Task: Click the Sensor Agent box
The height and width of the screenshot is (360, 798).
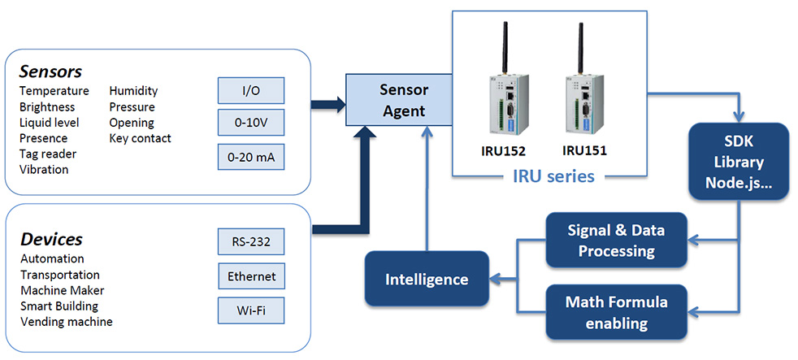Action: pos(399,100)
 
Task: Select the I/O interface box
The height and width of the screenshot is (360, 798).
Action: pos(251,90)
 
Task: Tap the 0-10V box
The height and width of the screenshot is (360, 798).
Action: pos(251,122)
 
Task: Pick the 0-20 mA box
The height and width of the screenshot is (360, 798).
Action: pos(251,156)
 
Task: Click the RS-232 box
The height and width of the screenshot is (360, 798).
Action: pos(251,242)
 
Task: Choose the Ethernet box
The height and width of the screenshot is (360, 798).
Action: pos(251,276)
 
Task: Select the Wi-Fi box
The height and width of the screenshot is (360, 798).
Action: pos(251,310)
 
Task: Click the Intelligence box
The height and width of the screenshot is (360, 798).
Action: pos(427,280)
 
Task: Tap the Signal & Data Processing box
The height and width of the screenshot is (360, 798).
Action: pos(615,241)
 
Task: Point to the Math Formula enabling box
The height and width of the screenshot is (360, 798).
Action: pos(615,313)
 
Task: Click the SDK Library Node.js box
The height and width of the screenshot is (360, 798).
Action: pos(739,162)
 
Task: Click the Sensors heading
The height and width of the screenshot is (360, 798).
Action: pos(50,71)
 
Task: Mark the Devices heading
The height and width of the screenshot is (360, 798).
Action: pos(51,239)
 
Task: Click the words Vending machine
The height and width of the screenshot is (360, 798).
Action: pos(66,322)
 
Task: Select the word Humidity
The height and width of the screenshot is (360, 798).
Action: pos(133,91)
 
